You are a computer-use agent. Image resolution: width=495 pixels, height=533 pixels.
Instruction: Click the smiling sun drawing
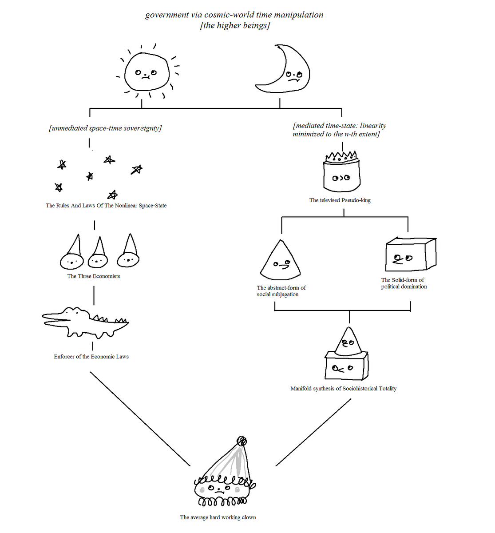pos(147,72)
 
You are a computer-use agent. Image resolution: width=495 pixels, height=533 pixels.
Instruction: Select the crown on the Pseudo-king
pos(341,157)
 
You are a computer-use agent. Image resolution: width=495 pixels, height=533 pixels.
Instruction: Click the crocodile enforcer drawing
pos(85,322)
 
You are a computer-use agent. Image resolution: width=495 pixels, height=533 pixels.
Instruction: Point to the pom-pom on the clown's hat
pos(242,441)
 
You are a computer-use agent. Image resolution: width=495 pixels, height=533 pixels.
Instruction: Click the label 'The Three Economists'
pos(94,276)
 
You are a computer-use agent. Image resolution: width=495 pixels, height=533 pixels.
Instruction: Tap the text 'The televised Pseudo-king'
pos(340,200)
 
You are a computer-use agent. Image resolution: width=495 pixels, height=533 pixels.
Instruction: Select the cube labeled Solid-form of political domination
pos(411,254)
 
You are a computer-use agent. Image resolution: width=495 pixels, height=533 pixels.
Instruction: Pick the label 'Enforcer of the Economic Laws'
pos(91,357)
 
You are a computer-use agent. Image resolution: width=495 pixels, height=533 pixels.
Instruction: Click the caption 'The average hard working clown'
pos(218,517)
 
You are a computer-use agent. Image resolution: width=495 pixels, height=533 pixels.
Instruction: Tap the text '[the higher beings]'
pos(235,25)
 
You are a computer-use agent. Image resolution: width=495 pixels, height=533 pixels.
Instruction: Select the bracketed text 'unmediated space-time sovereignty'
pos(105,128)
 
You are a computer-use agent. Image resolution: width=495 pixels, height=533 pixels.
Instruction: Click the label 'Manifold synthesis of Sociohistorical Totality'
pos(344,389)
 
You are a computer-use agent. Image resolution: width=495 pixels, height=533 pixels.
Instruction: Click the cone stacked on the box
pos(348,342)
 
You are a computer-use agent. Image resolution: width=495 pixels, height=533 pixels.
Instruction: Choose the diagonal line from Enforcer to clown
pos(140,419)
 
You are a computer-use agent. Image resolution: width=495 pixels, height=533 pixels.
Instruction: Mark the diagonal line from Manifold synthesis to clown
pos(313,432)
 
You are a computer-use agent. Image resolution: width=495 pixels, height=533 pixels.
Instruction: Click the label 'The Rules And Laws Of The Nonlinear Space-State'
pos(106,206)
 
